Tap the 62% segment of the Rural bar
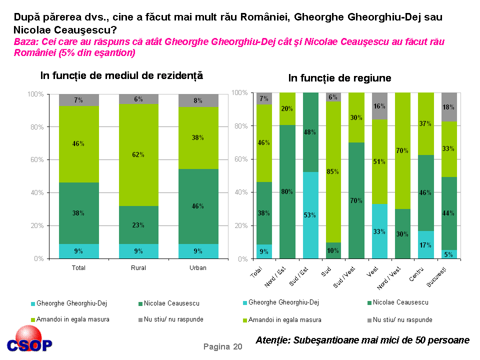click(x=138, y=155)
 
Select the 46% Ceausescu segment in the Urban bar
click(x=198, y=206)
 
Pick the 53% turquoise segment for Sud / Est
click(x=310, y=215)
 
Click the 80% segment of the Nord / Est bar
click(x=287, y=191)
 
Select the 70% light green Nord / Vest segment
click(x=402, y=150)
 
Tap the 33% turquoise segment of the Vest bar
click(x=379, y=231)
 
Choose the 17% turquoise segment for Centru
click(x=425, y=245)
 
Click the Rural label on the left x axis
click(x=138, y=268)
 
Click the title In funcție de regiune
click(x=339, y=78)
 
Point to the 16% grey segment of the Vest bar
click(x=379, y=106)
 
